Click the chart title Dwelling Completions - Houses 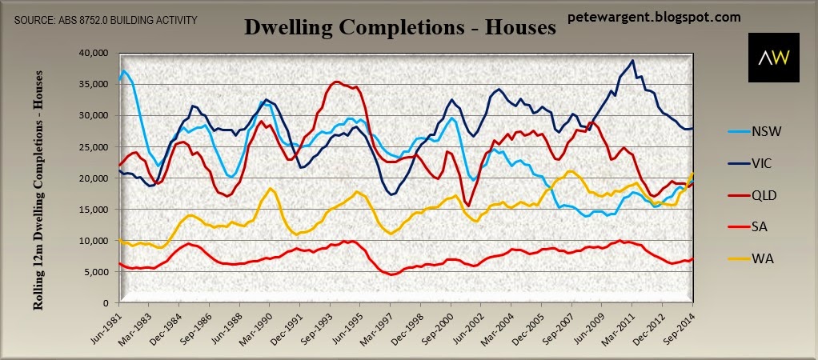coord(399,29)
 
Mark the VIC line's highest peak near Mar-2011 coord(633,60)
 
